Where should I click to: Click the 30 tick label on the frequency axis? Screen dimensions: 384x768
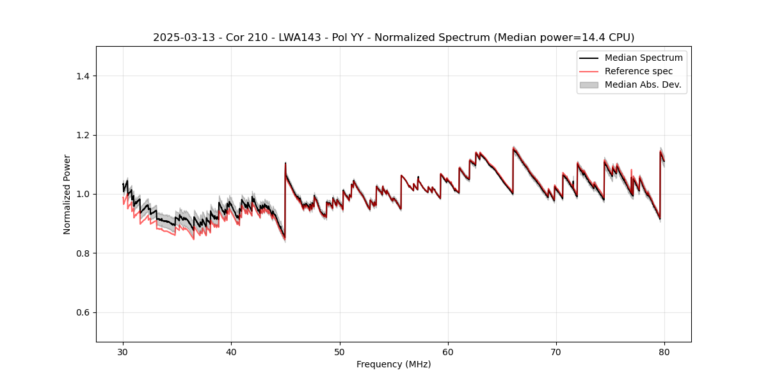[123, 352]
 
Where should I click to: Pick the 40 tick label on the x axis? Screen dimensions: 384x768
[231, 352]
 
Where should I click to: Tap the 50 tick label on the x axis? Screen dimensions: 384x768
[339, 352]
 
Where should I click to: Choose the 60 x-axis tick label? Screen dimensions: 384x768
[448, 352]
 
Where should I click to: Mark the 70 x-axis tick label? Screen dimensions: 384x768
[556, 352]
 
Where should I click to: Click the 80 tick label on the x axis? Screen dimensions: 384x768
[664, 352]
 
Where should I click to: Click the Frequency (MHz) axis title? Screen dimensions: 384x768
[394, 364]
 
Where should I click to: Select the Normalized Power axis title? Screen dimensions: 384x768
[67, 194]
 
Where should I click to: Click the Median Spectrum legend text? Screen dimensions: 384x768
[643, 58]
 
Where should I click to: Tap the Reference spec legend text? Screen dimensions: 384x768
[639, 71]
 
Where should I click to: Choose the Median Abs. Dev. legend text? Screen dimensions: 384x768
[643, 84]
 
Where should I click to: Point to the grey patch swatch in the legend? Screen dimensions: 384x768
[589, 84]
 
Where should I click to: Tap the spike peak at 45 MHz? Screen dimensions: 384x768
[285, 163]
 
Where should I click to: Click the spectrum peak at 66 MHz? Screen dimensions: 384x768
[513, 148]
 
